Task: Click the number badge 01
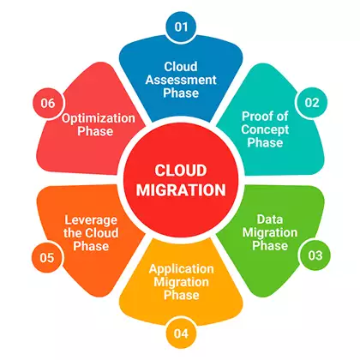pyautogui.click(x=180, y=27)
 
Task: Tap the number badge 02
pyautogui.click(x=312, y=103)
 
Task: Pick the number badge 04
pyautogui.click(x=180, y=333)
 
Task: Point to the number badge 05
pyautogui.click(x=48, y=255)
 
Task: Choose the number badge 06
pyautogui.click(x=48, y=103)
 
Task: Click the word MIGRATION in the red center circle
pyautogui.click(x=180, y=189)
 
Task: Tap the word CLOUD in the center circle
pyautogui.click(x=180, y=170)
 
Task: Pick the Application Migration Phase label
pyautogui.click(x=180, y=281)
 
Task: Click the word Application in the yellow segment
pyautogui.click(x=180, y=267)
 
